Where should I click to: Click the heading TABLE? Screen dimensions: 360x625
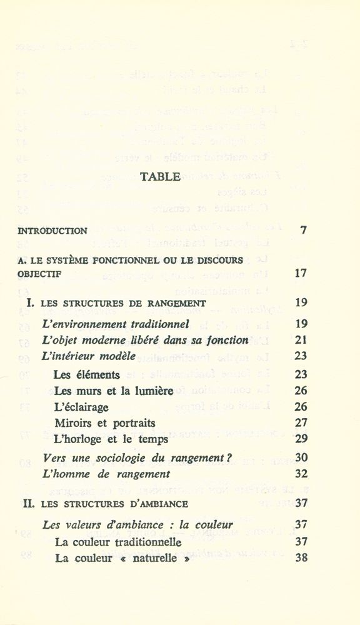(160, 177)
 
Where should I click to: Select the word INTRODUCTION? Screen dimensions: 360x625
(53, 231)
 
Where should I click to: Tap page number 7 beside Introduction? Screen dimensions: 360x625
(304, 230)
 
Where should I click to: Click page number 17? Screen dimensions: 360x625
(301, 274)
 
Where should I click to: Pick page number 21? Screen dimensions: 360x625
(301, 341)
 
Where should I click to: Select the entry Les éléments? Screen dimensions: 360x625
(86, 375)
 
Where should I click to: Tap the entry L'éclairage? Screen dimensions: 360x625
(81, 407)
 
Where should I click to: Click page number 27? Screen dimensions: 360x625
(301, 423)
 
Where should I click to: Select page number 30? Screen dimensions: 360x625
(301, 457)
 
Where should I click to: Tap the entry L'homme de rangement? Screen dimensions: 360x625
(99, 474)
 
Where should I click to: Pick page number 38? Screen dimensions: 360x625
(301, 558)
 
